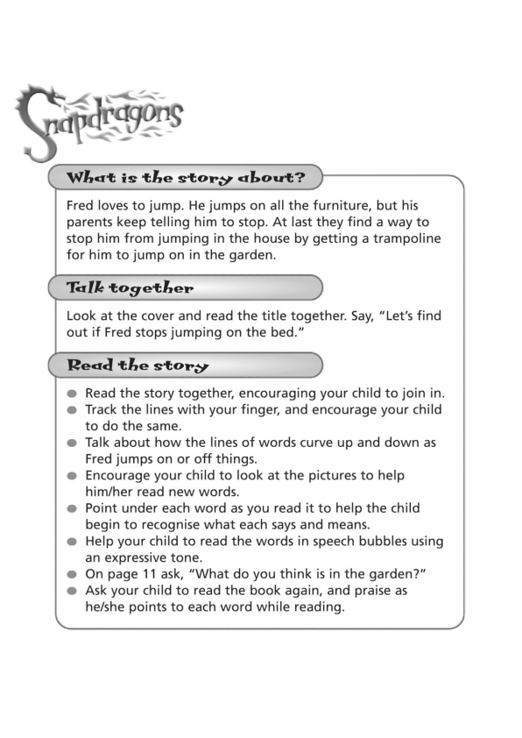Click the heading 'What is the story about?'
coord(186,178)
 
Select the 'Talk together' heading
coord(130,288)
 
